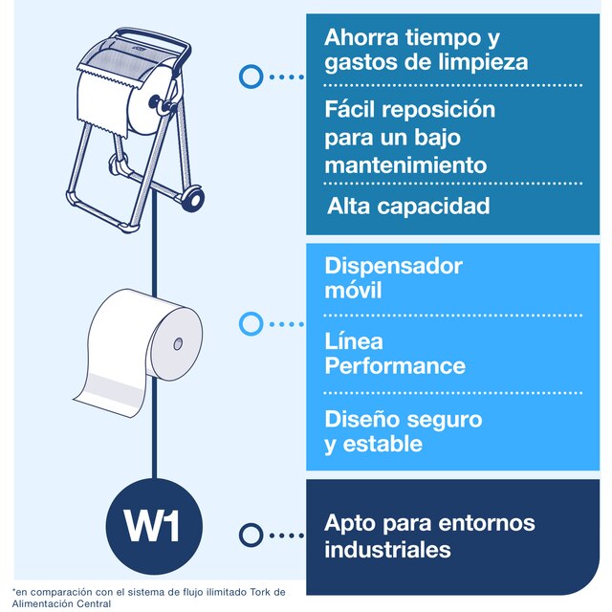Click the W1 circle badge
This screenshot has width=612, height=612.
(x=154, y=526)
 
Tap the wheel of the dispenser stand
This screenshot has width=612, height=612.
(x=193, y=199)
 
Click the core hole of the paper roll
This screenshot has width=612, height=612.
(x=178, y=344)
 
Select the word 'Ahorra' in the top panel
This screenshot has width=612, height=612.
(x=361, y=37)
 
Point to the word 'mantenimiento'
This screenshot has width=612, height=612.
(x=405, y=165)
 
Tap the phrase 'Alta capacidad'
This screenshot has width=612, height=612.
(x=408, y=206)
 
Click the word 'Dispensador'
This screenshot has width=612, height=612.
(x=393, y=266)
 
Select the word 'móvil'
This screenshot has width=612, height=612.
(x=353, y=290)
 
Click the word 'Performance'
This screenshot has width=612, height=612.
(x=395, y=365)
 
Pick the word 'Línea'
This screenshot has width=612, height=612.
(x=354, y=341)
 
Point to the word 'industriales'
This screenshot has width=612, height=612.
(x=387, y=550)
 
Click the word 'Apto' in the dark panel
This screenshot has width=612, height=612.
(x=350, y=523)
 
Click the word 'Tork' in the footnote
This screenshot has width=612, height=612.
(x=259, y=592)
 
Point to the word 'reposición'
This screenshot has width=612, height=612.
(x=438, y=111)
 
